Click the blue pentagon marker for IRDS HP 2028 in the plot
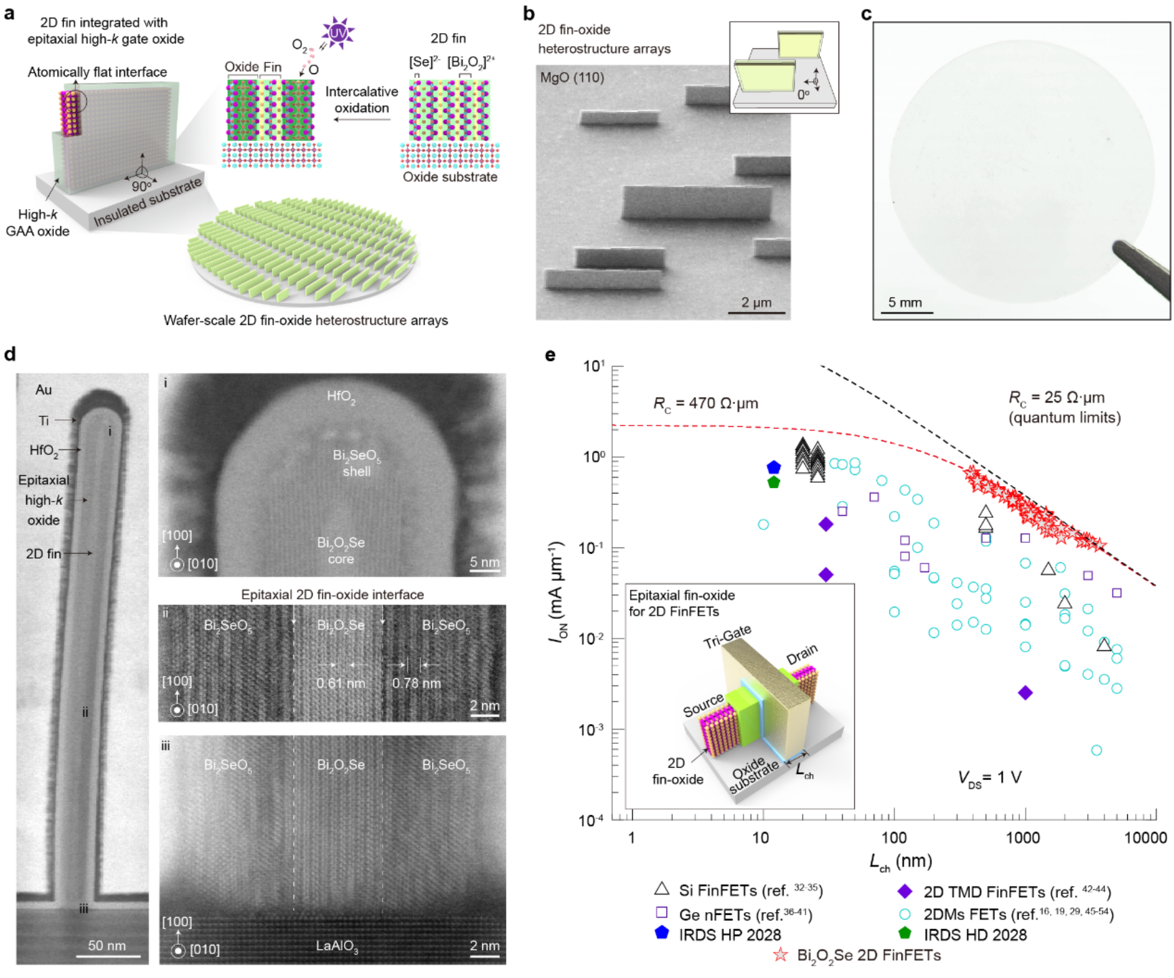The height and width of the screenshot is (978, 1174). [x=774, y=468]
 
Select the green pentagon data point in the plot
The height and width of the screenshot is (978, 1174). [x=774, y=483]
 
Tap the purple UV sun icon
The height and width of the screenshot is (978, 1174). [x=338, y=33]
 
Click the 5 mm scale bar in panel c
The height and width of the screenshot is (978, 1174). [x=910, y=312]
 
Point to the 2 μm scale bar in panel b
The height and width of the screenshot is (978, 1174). [x=756, y=313]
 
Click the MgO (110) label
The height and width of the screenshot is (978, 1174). [x=572, y=77]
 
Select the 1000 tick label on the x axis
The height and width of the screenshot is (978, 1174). [x=1023, y=838]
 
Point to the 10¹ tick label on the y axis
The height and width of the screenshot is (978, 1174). [x=593, y=366]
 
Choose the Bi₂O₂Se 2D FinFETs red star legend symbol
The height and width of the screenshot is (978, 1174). [x=781, y=955]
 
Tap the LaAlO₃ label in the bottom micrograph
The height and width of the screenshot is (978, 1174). [x=337, y=946]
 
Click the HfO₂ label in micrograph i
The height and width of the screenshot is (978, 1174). [x=341, y=396]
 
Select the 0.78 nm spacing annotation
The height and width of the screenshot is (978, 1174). [x=416, y=683]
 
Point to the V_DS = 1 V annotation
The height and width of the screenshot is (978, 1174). [x=990, y=778]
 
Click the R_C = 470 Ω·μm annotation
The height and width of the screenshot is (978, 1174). [x=705, y=404]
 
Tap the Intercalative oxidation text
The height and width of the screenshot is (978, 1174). [x=361, y=100]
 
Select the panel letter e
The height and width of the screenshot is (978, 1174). [x=551, y=355]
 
